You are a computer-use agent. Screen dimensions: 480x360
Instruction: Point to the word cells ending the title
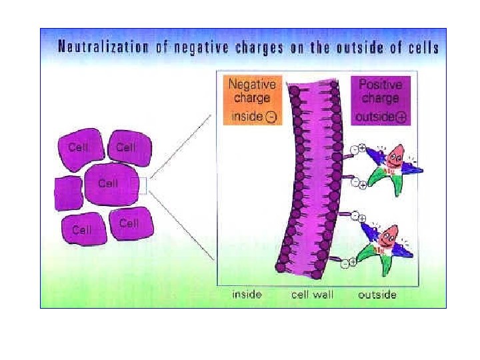pos(423,47)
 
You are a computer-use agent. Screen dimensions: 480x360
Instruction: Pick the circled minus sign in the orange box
pos(271,117)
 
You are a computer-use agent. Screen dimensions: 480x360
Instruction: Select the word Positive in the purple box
pos(380,85)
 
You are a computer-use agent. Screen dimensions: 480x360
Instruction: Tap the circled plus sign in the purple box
pos(402,117)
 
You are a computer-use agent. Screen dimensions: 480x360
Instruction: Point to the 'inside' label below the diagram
pos(247,295)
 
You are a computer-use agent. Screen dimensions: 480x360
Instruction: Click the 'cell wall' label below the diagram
pos(313,295)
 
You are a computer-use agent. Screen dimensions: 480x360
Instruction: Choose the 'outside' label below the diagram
pos(377,295)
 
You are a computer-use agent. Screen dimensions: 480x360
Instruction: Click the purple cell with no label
pos(67,192)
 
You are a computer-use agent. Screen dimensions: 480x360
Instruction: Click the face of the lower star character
pos(388,235)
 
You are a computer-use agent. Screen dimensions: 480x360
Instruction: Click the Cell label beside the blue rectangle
pos(107,183)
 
